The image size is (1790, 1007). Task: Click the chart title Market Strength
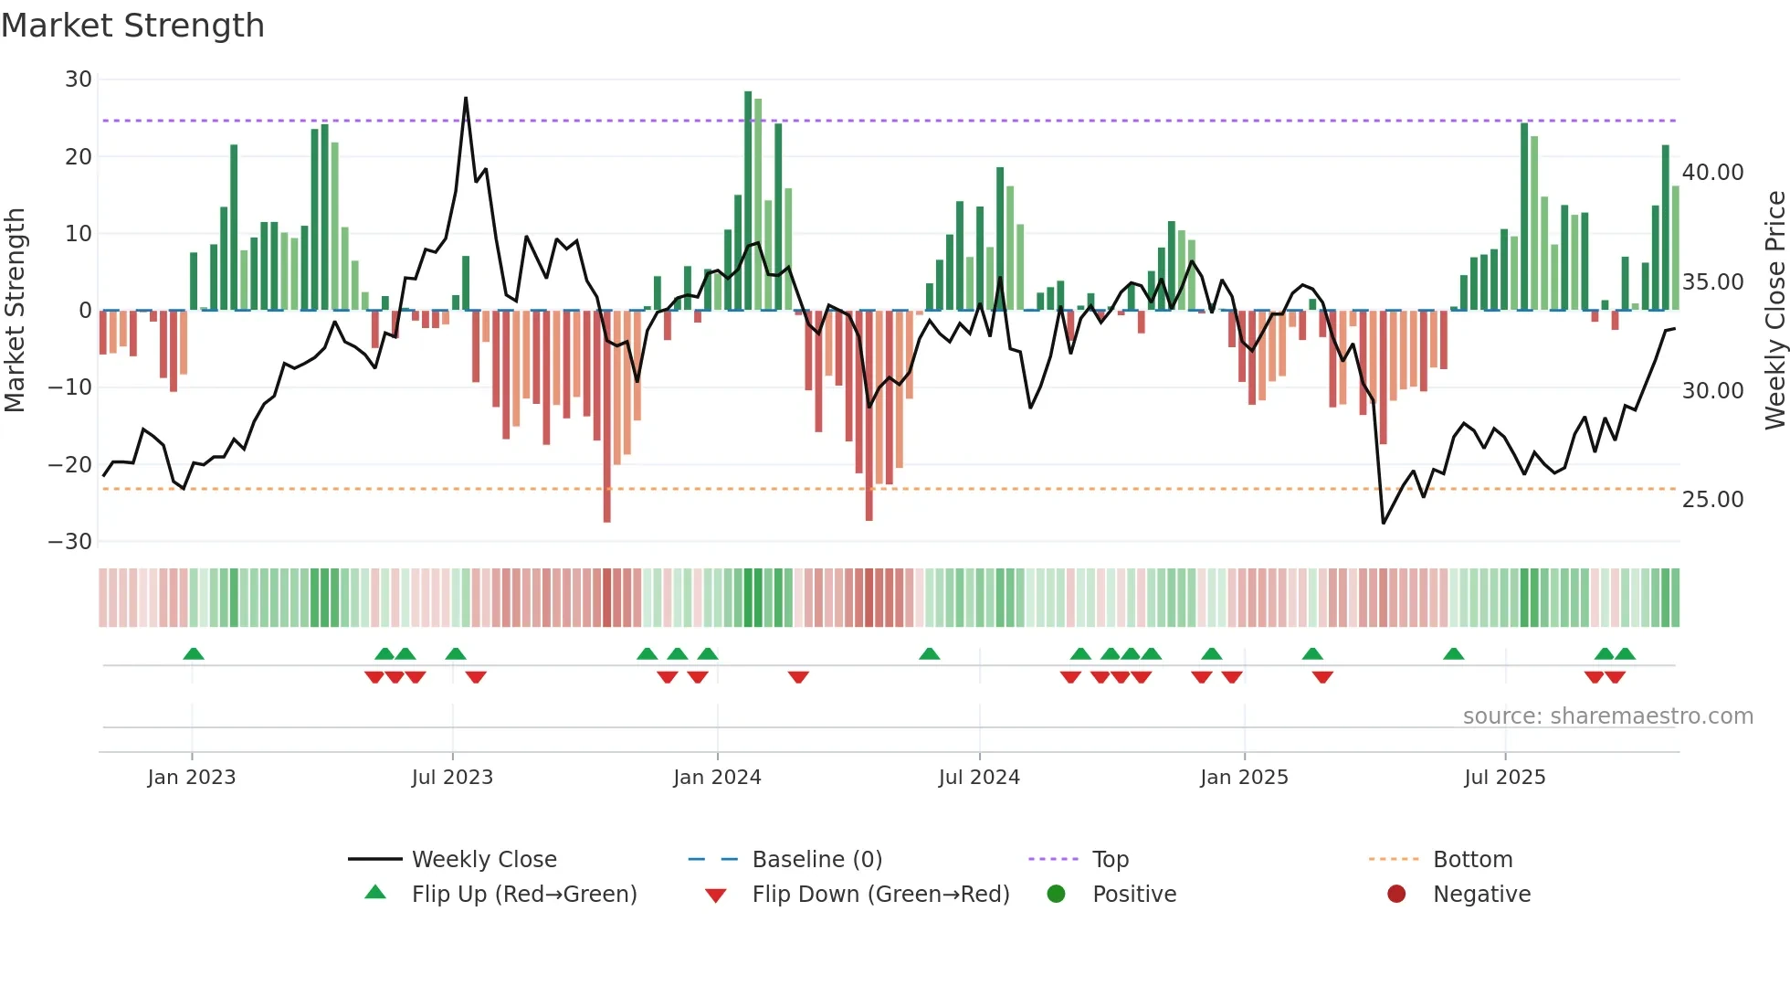click(x=132, y=26)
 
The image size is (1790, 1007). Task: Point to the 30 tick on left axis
click(x=78, y=79)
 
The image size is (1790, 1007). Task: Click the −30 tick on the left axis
click(x=70, y=542)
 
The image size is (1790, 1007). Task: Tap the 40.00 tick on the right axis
click(x=1712, y=173)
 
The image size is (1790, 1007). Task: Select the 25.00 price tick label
click(x=1712, y=500)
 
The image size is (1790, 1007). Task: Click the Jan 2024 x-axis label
click(x=717, y=778)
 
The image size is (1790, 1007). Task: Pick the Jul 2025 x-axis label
click(x=1504, y=778)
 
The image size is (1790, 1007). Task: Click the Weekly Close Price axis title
click(x=1774, y=311)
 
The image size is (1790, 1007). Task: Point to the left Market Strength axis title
click(x=15, y=311)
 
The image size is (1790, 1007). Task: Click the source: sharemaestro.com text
click(x=1607, y=716)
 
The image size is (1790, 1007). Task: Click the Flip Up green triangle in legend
click(x=375, y=893)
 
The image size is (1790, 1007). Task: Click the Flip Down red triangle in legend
click(x=716, y=896)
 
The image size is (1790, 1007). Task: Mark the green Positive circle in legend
click(x=1056, y=894)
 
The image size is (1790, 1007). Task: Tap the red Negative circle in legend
click(x=1396, y=894)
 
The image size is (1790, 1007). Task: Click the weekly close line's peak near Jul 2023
click(x=466, y=99)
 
